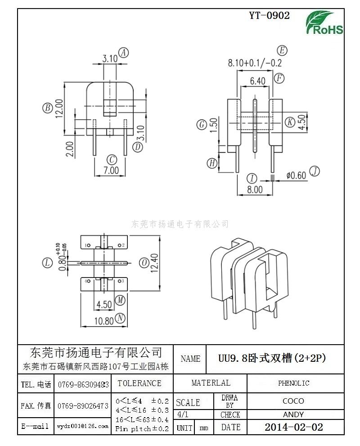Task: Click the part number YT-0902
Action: (270, 15)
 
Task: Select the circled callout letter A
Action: (123, 53)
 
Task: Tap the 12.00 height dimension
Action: (59, 109)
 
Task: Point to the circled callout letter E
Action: (282, 50)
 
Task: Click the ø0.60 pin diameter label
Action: (296, 175)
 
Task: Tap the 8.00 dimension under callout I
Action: (255, 190)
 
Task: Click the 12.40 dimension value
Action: (155, 263)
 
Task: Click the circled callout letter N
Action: (120, 318)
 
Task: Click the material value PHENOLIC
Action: (293, 383)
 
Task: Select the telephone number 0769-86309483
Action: (83, 385)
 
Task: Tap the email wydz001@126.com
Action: (83, 426)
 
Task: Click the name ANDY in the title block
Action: (293, 414)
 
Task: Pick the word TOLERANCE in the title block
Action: (139, 383)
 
